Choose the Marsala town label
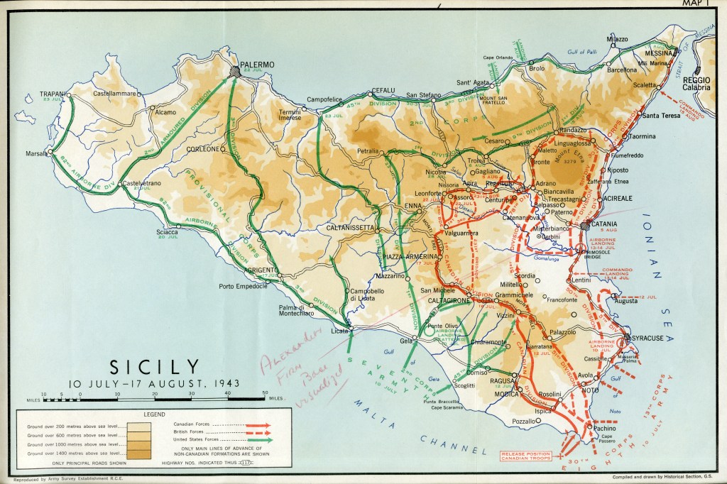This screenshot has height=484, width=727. (x=38, y=153)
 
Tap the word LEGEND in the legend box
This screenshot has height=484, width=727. (x=154, y=414)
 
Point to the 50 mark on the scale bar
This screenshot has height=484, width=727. (x=265, y=393)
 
